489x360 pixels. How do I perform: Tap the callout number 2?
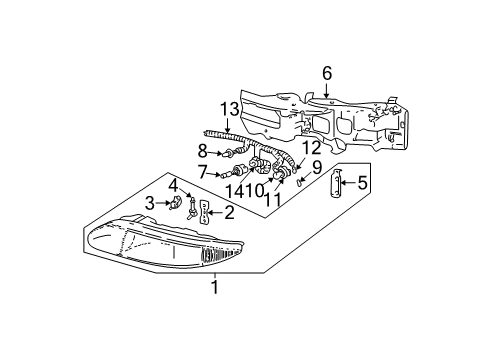[x=229, y=211]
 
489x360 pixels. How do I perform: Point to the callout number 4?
[x=172, y=184]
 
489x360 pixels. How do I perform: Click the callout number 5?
[x=363, y=182]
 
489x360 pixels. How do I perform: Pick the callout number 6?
[x=326, y=72]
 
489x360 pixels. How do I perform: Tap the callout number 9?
[x=316, y=166]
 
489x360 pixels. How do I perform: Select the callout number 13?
[x=229, y=110]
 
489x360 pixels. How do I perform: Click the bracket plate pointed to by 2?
[x=205, y=212]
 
